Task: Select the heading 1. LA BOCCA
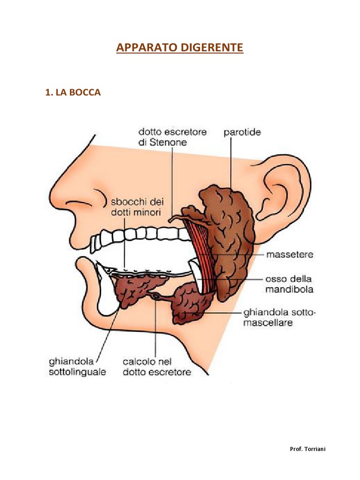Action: (x=73, y=93)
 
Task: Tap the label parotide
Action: (x=242, y=132)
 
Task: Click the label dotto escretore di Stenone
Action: (x=172, y=137)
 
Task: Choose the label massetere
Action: (x=290, y=255)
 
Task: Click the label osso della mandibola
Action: (x=289, y=284)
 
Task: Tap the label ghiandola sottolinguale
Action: (x=77, y=367)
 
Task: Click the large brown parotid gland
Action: (x=230, y=234)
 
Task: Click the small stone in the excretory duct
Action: (x=155, y=296)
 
